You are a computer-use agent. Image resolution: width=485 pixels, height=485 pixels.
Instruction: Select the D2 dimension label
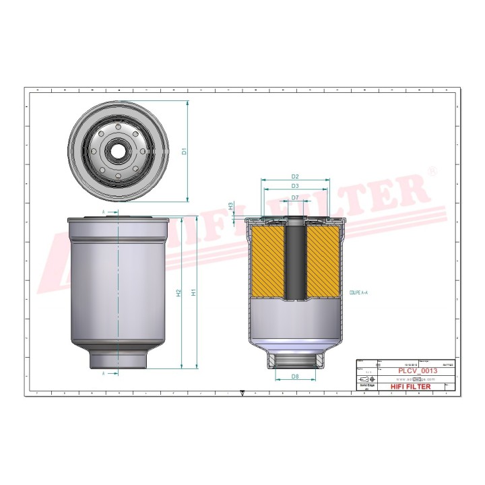295,176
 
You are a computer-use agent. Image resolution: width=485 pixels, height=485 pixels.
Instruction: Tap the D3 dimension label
295,186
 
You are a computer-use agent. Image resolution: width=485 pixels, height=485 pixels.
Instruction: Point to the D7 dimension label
295,197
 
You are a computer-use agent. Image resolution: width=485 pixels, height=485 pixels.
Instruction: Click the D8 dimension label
295,376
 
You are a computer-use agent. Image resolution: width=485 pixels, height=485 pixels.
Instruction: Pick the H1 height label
193,293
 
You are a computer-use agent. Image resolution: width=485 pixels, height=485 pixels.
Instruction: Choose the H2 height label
179,293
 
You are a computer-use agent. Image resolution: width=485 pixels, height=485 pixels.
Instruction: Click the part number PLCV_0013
418,371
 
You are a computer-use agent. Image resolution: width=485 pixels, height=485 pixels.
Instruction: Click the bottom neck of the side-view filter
118,357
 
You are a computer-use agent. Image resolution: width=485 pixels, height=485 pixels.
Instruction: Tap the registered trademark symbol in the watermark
432,173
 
